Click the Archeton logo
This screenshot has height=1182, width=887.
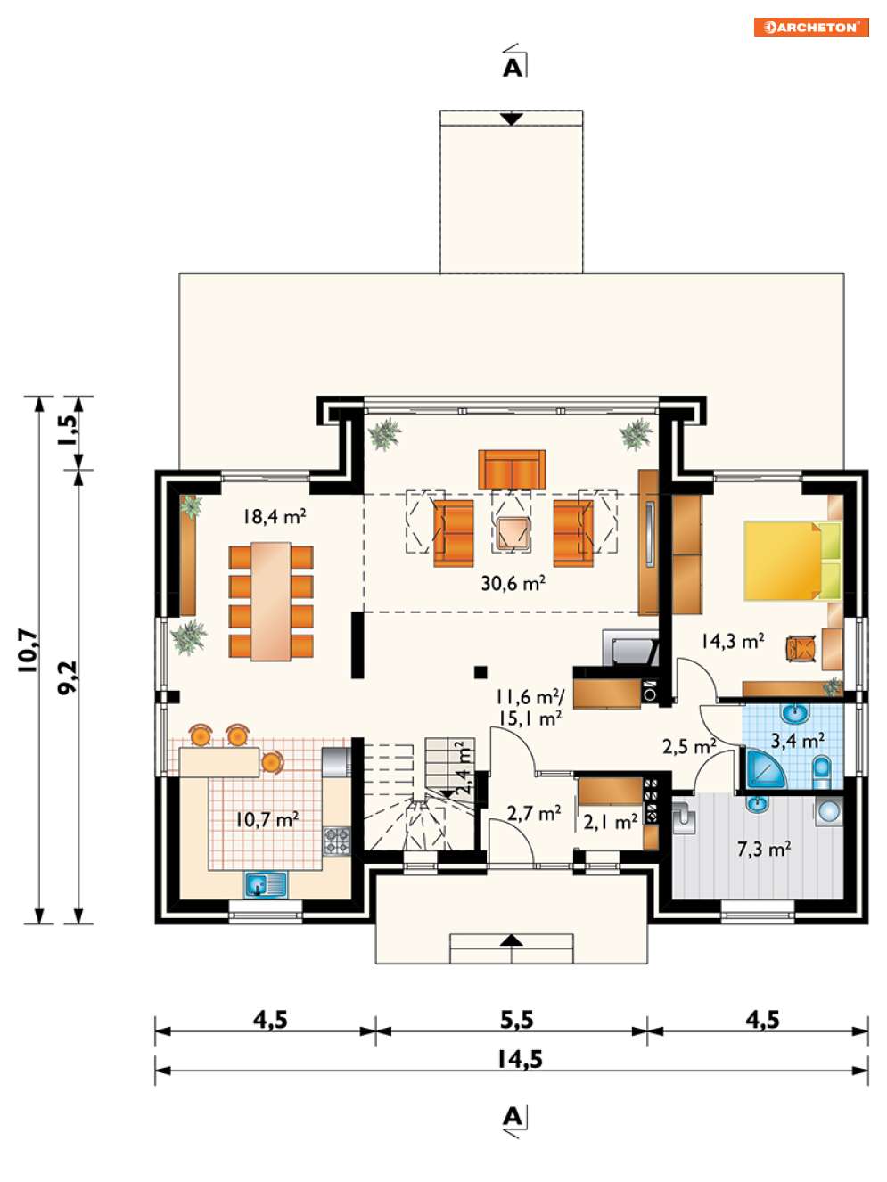[810, 27]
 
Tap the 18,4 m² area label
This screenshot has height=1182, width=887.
[275, 516]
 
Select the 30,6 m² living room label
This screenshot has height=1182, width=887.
[513, 583]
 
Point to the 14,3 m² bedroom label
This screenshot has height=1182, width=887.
[733, 641]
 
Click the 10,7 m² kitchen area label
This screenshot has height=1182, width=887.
[267, 819]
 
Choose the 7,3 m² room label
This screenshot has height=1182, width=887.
[764, 850]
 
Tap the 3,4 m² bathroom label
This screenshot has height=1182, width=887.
[797, 741]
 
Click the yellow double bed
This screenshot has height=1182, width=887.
[793, 560]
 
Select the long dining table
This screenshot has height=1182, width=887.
[271, 601]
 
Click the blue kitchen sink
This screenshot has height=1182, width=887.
[266, 885]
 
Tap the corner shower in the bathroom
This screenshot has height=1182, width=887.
[765, 767]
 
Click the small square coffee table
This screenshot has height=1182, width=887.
[511, 532]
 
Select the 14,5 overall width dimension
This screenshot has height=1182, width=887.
[520, 1060]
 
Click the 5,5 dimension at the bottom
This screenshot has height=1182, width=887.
[516, 1020]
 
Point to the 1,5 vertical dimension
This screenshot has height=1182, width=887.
[69, 431]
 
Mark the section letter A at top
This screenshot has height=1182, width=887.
[513, 68]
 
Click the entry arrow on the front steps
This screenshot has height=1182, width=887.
[511, 940]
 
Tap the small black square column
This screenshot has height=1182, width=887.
[480, 671]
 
